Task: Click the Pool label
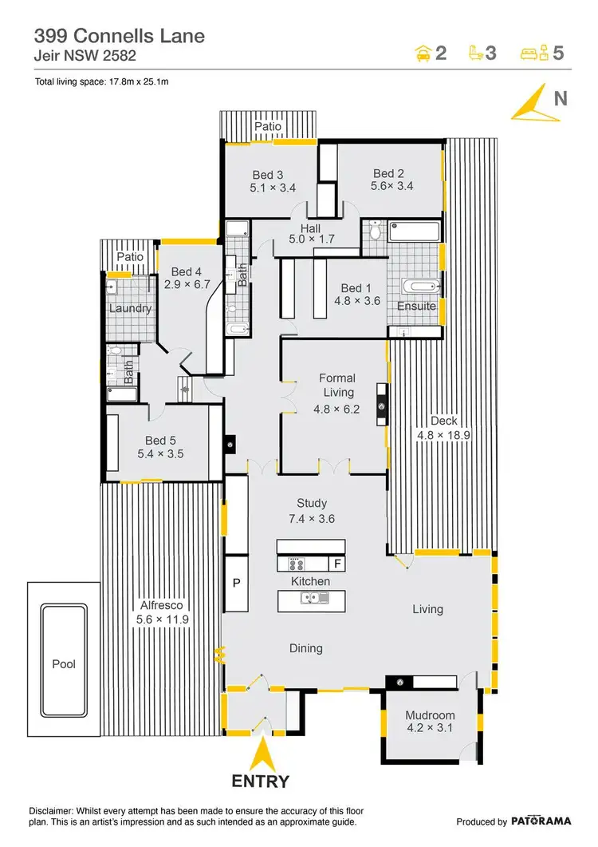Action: coord(64,664)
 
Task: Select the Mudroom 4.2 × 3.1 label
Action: coord(430,722)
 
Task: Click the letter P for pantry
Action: coord(236,584)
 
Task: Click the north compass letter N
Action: coord(561,99)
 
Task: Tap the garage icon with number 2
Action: coord(431,53)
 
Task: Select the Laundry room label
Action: coord(130,308)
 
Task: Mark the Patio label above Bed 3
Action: coord(269,126)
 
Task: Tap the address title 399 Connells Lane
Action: coord(119,35)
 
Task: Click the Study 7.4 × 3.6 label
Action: coord(312,511)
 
